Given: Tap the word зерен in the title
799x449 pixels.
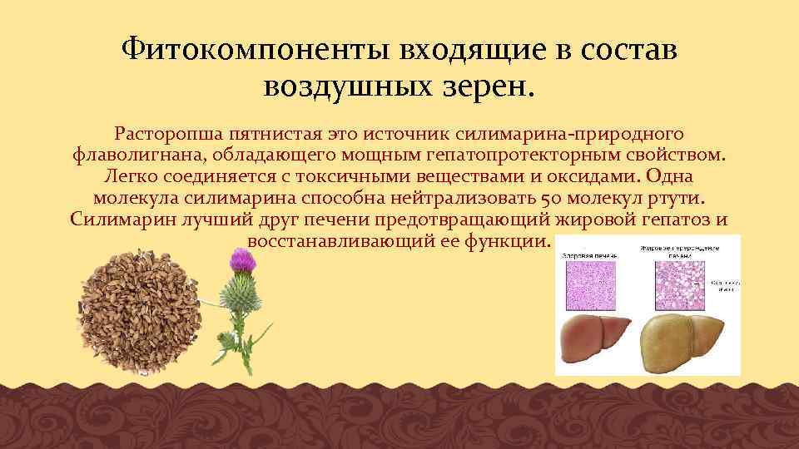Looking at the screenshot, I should [487, 85].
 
